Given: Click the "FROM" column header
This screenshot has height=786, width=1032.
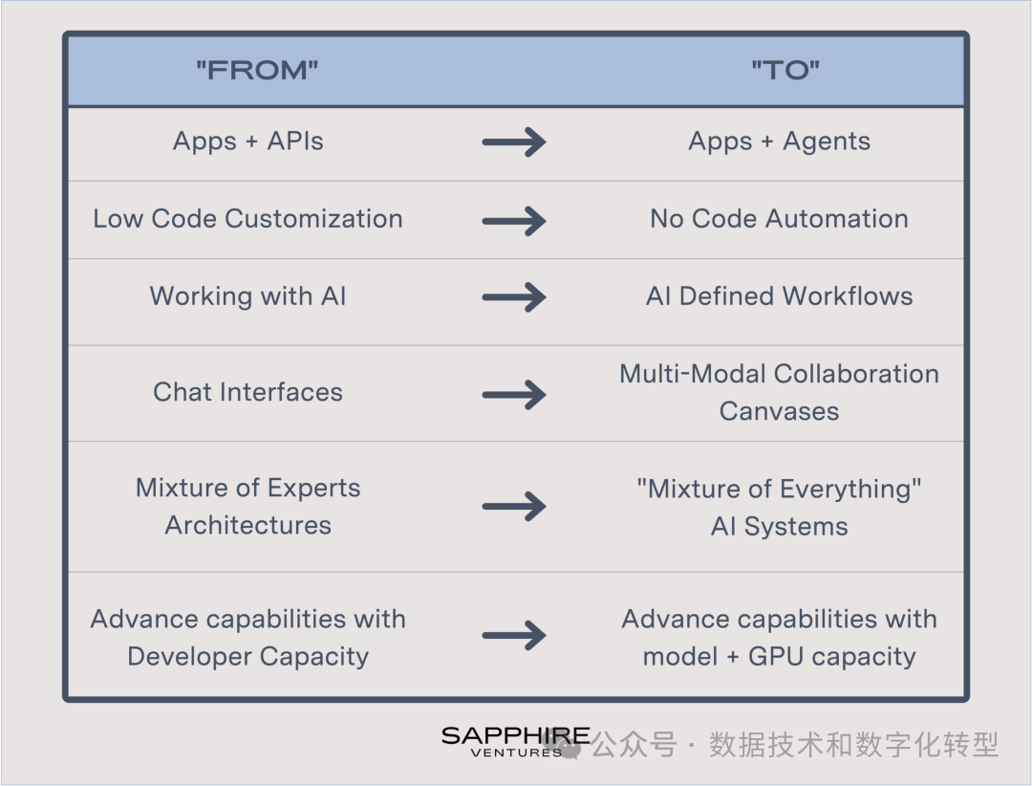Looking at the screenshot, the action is (257, 70).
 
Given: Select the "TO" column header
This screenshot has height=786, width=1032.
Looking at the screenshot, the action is (785, 70).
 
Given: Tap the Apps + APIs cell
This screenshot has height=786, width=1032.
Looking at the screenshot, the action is (248, 141).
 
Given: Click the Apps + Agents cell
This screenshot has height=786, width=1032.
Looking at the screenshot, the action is (780, 141).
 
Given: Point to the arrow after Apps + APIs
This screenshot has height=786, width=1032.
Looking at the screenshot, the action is (514, 142).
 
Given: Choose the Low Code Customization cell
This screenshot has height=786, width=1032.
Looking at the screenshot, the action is (248, 219).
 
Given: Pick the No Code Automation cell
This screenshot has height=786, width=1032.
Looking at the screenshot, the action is (780, 219).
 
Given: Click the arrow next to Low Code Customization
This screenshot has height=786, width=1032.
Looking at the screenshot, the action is (514, 221).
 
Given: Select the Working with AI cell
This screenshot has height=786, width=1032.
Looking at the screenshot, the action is (248, 296).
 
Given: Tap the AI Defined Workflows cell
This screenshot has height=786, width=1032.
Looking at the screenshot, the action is (780, 296).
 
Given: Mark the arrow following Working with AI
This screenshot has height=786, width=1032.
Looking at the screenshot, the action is (514, 297).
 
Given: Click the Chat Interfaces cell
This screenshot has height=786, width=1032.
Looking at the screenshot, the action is (248, 392).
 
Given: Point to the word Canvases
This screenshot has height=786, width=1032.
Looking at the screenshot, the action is (780, 411).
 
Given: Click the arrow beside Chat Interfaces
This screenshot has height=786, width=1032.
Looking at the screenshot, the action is (514, 395).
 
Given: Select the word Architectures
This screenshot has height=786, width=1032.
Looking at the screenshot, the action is (248, 525).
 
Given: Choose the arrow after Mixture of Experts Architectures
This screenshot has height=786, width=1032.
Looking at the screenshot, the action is (514, 506).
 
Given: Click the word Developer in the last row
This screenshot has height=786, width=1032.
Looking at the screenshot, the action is (189, 657).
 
